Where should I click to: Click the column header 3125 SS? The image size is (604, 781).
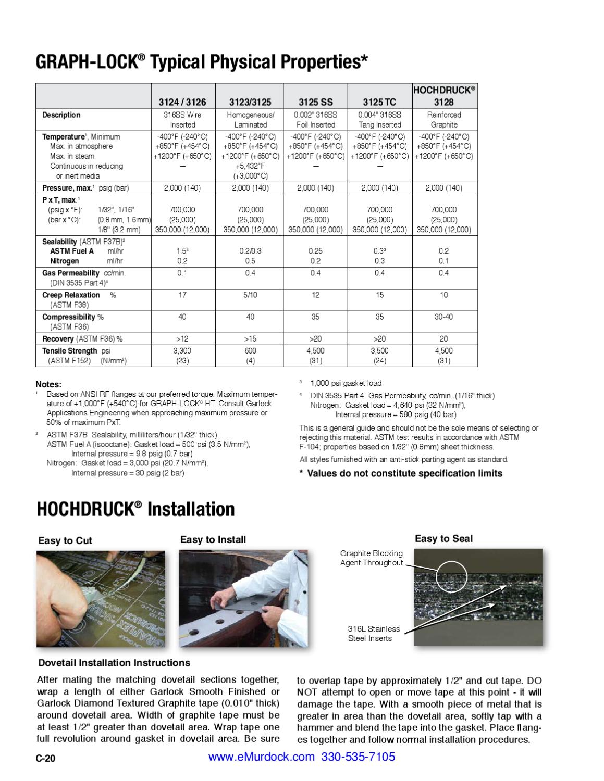click(x=315, y=102)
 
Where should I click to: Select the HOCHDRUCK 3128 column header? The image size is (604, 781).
click(x=444, y=96)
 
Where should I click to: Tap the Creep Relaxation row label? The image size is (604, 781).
click(x=71, y=295)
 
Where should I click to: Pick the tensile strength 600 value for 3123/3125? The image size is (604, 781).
click(x=251, y=351)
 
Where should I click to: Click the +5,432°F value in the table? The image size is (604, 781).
click(x=250, y=166)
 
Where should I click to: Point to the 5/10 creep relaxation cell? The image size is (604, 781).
click(x=251, y=295)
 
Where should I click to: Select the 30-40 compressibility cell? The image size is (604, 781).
click(x=444, y=317)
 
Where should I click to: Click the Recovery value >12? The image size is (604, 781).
click(x=182, y=339)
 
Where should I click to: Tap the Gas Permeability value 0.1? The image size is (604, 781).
click(x=182, y=273)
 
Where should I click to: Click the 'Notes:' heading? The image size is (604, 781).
click(x=48, y=384)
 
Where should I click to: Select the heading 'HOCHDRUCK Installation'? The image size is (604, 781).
click(x=135, y=509)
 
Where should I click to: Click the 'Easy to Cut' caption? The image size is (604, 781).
click(x=65, y=541)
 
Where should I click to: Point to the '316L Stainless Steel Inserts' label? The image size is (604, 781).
click(x=374, y=634)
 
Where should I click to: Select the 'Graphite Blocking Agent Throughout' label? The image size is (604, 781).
click(x=372, y=558)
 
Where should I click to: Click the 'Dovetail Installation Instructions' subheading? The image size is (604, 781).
click(x=114, y=663)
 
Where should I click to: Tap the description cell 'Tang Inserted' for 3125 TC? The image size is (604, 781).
click(x=379, y=125)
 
